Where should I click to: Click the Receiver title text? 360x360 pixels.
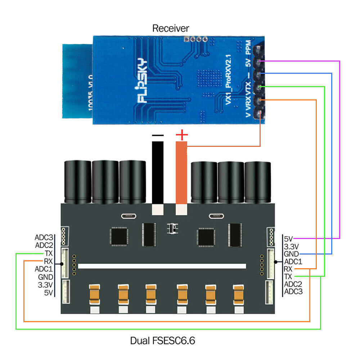[x=171, y=28]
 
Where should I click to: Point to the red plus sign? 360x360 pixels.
[x=182, y=135]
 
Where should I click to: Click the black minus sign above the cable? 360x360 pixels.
[x=158, y=136]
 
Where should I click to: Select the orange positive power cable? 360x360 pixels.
[x=181, y=173]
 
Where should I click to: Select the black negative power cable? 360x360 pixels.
[x=158, y=173]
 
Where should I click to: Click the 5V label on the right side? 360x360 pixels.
[x=289, y=238]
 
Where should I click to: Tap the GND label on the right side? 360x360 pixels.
[x=291, y=254]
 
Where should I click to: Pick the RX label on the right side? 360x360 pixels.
[x=288, y=269]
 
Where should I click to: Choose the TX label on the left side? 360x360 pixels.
[x=49, y=253]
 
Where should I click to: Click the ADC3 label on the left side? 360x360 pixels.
[x=44, y=238]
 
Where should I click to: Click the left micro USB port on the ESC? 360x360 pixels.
[x=129, y=216]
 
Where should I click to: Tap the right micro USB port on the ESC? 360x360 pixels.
[x=216, y=216]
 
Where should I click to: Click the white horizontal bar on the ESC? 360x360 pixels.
[x=162, y=266]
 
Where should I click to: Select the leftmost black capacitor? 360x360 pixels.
[x=77, y=182]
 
